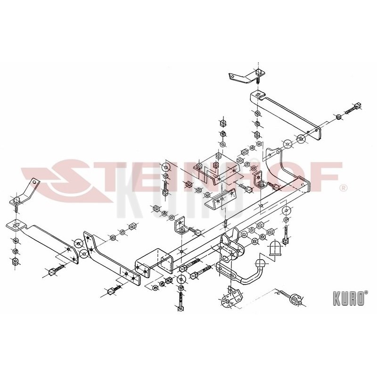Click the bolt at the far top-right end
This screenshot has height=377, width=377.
point(353,108)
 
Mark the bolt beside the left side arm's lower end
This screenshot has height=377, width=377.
point(56,270)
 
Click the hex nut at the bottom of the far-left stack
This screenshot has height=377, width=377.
point(15,261)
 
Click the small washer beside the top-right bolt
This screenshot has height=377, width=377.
point(338,117)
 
